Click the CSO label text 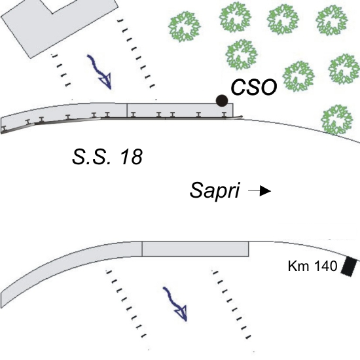[x=254, y=87]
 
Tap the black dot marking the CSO [x=222, y=101]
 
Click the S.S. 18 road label [x=107, y=157]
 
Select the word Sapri [x=215, y=190]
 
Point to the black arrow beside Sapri [x=259, y=190]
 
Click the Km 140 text [x=312, y=266]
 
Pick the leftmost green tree [x=185, y=27]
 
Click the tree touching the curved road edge [x=337, y=120]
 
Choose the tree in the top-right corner [x=332, y=20]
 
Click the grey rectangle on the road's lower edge [x=195, y=249]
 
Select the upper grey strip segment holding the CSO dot [x=180, y=111]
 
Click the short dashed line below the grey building [x=62, y=70]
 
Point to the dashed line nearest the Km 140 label [x=232, y=305]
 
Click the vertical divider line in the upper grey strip [x=127, y=111]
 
